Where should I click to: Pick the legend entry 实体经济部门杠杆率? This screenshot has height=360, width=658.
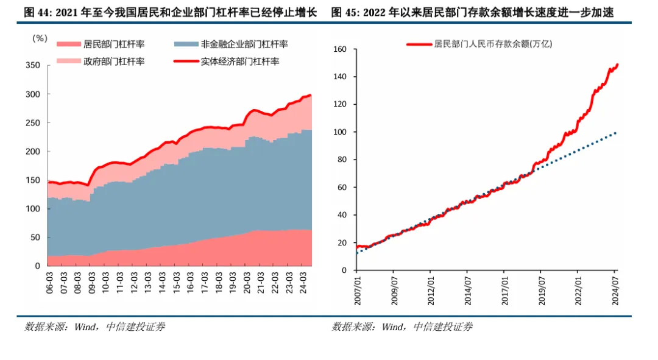point(240,62)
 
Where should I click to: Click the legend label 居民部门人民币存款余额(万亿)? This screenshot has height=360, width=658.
point(493,44)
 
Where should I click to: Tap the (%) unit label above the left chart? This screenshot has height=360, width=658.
point(40,38)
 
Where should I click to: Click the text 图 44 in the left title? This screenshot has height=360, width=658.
point(37,12)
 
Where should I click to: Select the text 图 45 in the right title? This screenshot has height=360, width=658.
point(345,12)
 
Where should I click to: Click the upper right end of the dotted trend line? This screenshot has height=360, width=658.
point(617,132)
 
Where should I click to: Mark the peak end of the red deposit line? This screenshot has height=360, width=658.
point(618,64)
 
